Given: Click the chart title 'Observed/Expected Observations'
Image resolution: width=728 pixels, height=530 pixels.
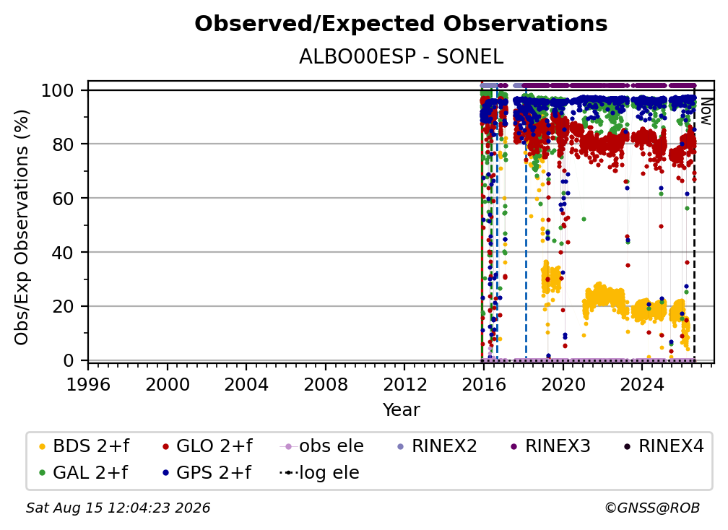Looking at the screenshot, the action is (401, 24).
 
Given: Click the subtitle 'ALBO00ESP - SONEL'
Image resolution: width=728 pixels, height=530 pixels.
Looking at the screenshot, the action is (401, 57).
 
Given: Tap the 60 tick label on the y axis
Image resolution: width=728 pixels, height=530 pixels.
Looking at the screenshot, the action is (63, 198).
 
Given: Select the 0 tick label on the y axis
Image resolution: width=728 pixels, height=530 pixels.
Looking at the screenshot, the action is (69, 360).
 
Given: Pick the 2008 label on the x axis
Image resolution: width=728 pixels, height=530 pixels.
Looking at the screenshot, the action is (326, 384).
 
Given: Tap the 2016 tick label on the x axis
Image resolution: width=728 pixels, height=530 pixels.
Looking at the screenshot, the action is (484, 384).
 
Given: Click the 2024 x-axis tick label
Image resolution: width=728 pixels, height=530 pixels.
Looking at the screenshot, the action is (642, 384).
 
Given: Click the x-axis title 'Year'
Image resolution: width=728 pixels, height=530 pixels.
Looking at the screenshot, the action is (401, 410).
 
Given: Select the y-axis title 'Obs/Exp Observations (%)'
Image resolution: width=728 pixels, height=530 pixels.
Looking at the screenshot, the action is (22, 227).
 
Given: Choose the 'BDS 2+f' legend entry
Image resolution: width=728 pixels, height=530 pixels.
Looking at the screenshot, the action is (84, 446).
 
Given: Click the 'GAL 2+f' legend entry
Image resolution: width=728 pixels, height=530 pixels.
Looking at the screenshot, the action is (84, 472).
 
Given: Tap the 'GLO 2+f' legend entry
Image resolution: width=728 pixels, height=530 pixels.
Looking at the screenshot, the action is (207, 446).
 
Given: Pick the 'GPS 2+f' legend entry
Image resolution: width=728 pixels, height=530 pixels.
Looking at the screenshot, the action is (207, 472).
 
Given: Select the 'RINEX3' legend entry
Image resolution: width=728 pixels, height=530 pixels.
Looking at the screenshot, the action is (550, 446).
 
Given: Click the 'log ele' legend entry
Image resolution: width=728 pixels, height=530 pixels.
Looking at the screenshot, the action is (319, 472).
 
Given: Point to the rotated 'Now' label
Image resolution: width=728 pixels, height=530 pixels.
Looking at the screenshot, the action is (705, 111).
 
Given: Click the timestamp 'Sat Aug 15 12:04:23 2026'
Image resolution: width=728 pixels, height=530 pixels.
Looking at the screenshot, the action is (118, 508).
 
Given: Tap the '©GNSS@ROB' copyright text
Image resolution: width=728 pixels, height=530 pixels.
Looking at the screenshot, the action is (652, 508).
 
